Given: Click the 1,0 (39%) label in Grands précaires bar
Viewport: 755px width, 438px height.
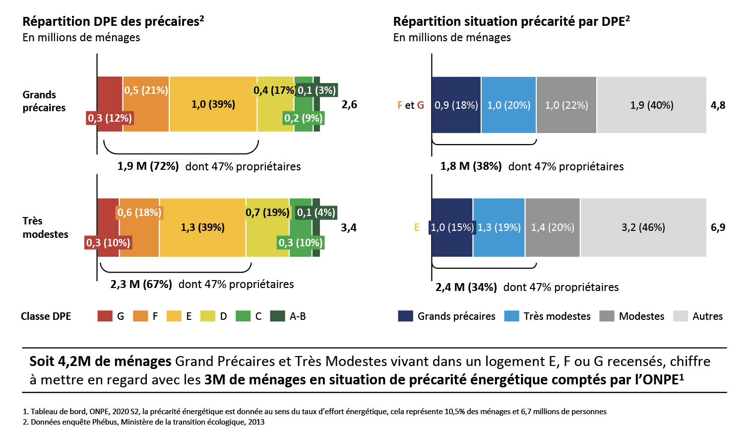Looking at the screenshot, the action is tap(213, 104).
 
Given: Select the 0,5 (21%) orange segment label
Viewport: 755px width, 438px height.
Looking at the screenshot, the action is tap(146, 90).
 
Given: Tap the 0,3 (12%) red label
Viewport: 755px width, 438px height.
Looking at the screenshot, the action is tap(110, 118).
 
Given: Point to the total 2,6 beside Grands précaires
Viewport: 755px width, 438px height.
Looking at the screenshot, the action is tap(349, 105).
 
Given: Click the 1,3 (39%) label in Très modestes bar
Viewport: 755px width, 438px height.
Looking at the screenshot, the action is tap(202, 227).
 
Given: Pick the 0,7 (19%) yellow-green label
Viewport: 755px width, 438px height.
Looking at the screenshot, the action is tap(267, 212).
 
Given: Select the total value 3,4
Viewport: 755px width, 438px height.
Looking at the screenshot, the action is tap(349, 227).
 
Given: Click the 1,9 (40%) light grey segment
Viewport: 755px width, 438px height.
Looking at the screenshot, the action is tap(652, 105).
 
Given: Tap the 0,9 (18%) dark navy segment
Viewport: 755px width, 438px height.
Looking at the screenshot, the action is tap(456, 105).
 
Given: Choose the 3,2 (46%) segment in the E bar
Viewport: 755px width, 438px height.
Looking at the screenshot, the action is tap(643, 227).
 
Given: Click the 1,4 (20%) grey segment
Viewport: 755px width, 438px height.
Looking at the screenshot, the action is tap(553, 227).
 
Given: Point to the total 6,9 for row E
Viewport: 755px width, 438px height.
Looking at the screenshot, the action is tap(718, 227).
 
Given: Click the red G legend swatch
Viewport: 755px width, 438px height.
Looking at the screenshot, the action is tap(105, 316).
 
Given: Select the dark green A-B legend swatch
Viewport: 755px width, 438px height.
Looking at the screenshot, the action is tap(277, 316).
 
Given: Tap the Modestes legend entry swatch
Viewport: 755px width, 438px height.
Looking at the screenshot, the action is tap(607, 316).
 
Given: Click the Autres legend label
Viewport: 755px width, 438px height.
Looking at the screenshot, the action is tap(707, 316).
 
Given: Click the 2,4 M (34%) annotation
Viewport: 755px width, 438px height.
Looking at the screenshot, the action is tap(466, 287).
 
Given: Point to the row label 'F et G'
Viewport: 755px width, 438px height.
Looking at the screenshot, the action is tap(411, 105).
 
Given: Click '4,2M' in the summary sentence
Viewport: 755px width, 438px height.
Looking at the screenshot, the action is tap(73, 362).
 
